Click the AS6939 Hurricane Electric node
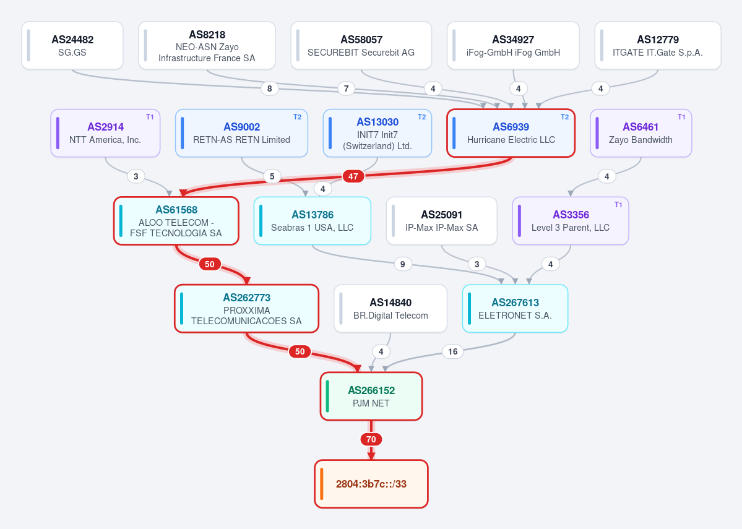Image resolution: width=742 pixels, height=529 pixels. (x=511, y=133)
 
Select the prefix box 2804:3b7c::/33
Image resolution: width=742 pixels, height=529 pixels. (x=371, y=484)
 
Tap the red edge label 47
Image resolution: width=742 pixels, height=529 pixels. (x=353, y=176)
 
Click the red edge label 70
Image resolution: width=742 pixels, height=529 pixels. (x=371, y=439)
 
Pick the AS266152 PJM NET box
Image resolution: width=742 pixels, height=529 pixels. (x=371, y=397)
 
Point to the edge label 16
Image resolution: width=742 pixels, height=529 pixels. (x=453, y=351)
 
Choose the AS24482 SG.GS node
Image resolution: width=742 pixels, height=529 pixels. (x=72, y=45)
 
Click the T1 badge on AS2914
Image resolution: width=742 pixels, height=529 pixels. (x=150, y=117)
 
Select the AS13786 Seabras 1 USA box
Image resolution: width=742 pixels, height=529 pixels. (x=313, y=221)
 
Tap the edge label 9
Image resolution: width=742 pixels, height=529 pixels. (x=403, y=264)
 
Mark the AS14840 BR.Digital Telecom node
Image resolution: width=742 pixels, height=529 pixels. (x=390, y=309)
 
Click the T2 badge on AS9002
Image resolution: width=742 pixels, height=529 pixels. (x=297, y=117)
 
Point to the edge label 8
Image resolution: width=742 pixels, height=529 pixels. (x=270, y=88)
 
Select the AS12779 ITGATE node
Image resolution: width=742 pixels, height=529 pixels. (x=658, y=45)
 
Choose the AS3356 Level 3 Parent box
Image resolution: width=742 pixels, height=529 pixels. (x=571, y=221)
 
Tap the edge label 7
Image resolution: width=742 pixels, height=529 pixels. (x=347, y=88)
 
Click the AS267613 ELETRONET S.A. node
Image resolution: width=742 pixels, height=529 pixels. (x=516, y=309)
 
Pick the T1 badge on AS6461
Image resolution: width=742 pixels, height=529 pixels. (x=681, y=117)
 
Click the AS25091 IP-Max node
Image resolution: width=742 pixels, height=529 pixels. (x=441, y=221)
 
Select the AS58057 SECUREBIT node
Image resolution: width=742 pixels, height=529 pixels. (x=361, y=45)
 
